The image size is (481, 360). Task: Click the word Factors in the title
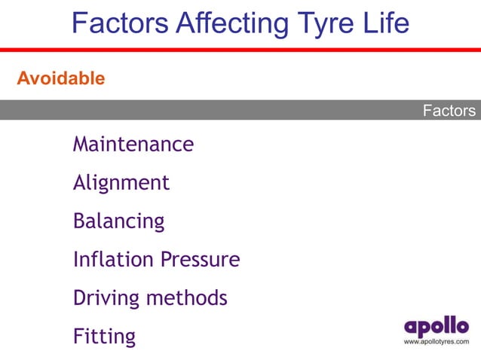click(x=120, y=23)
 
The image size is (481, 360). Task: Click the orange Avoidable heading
click(x=61, y=78)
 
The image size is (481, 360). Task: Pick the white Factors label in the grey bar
click(x=449, y=111)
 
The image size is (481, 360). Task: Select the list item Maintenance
click(x=133, y=144)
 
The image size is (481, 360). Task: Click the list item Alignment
click(x=121, y=182)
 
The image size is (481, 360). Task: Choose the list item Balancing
click(x=118, y=221)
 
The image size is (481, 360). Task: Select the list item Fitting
click(x=105, y=337)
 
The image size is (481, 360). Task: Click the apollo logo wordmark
click(x=436, y=327)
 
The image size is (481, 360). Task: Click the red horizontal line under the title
click(x=240, y=50)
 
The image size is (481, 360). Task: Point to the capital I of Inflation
click(x=76, y=260)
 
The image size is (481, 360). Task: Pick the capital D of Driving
click(x=80, y=298)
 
